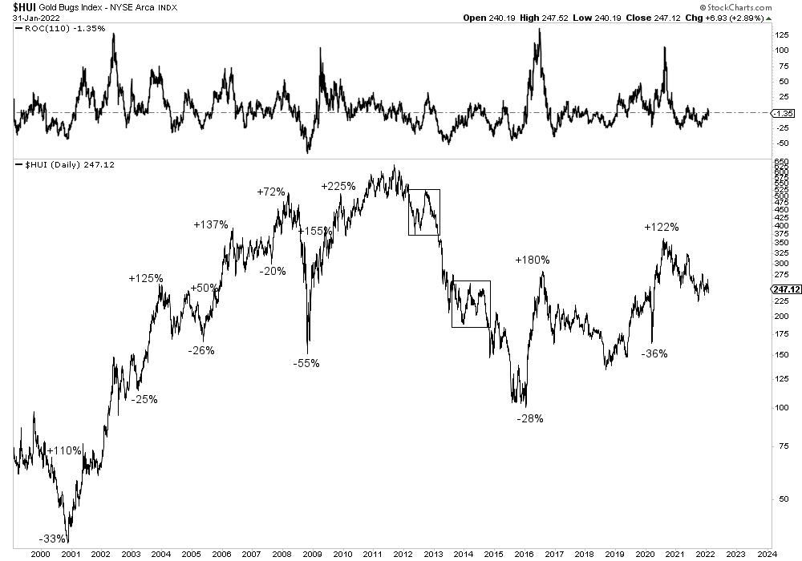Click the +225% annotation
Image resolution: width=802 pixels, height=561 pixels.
click(x=338, y=187)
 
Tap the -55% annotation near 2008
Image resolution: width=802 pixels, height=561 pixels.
click(x=306, y=363)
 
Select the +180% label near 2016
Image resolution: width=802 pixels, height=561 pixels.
click(x=533, y=260)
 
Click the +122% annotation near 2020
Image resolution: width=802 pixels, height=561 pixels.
click(x=662, y=228)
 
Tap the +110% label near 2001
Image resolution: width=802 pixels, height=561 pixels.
click(x=64, y=450)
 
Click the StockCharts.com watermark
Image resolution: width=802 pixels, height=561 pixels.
click(x=759, y=6)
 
